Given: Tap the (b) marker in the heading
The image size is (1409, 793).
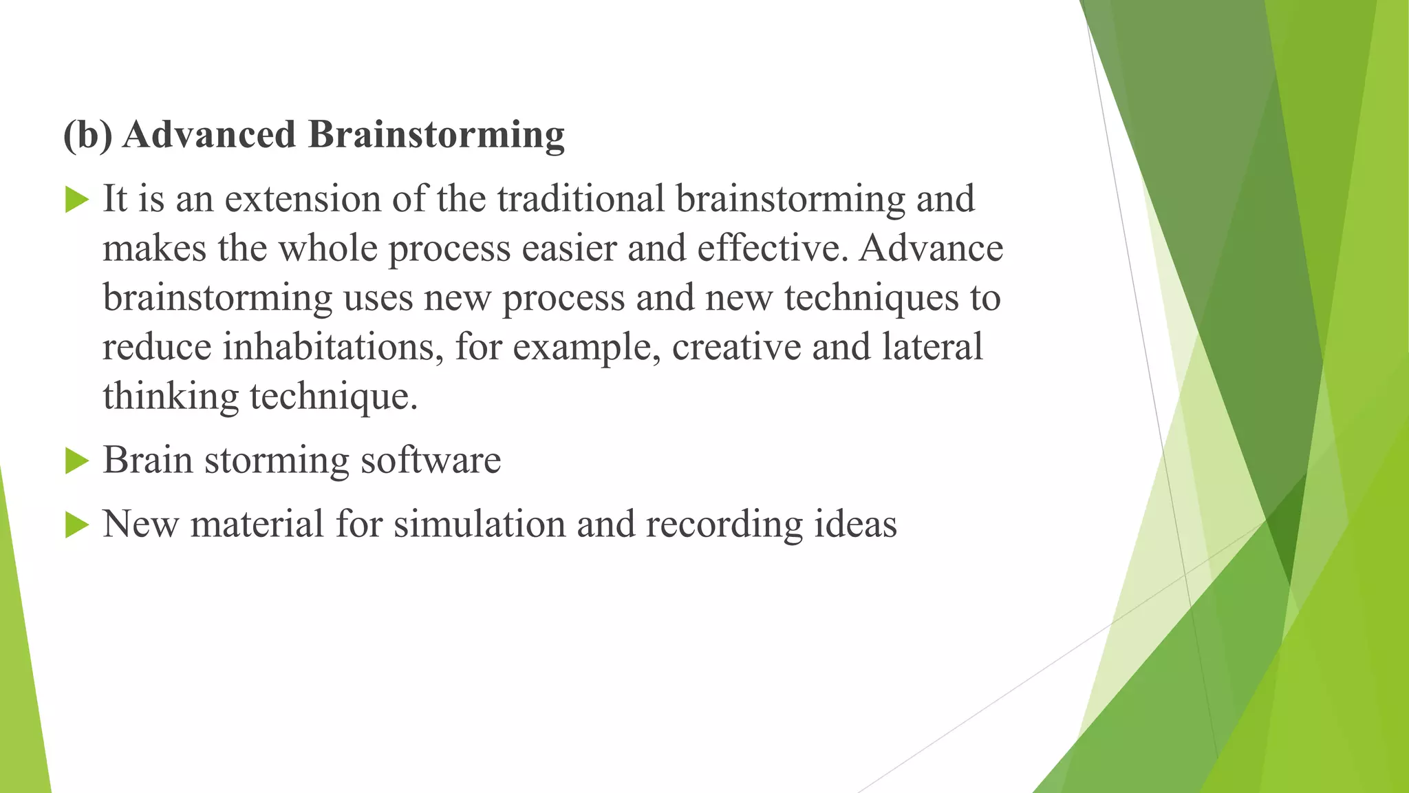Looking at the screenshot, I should [87, 135].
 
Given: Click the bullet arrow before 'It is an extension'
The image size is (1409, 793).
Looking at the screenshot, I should [77, 200].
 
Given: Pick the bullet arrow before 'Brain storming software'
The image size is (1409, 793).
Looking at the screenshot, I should [77, 461].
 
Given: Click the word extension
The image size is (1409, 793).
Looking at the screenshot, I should [303, 199].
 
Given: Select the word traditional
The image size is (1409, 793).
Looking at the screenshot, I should [581, 199].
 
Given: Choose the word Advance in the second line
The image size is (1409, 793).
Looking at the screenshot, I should [931, 249].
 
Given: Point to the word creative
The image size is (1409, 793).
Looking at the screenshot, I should [736, 347].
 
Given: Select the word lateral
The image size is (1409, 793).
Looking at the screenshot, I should [932, 347].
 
